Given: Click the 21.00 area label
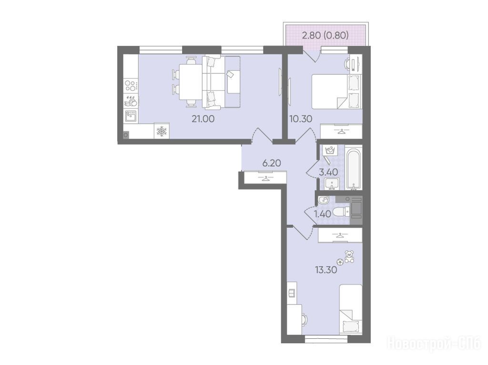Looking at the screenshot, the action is coord(203,119).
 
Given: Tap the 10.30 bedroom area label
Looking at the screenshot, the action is coord(301,119).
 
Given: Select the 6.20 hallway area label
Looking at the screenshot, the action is coord(272,163).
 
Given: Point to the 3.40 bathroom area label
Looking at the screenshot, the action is coord(328,172).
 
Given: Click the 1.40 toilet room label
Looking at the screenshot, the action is coord(322,214).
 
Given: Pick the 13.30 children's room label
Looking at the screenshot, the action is coord(326,270).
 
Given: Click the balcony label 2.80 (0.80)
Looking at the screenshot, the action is coord(325,35).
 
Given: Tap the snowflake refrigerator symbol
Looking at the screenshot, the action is coord(162,131).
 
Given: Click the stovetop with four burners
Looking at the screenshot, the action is coord(131,86).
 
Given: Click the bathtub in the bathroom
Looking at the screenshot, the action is coord(354,170).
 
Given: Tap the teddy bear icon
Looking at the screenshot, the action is coord(349,257).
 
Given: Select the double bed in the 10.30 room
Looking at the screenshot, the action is coord(336,91).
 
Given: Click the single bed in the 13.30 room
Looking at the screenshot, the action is coord(351,310).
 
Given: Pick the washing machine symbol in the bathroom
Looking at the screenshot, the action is coord(329,150).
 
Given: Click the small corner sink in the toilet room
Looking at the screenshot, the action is coord(324,199).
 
